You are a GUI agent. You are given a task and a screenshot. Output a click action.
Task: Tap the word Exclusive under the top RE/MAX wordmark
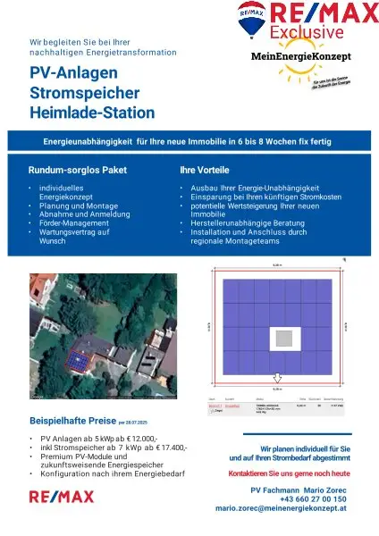(309, 33)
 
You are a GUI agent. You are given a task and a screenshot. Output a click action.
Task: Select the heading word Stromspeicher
(82, 93)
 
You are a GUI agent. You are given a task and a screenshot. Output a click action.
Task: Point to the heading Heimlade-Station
(93, 113)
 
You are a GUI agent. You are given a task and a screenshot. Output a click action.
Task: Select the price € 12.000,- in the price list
(137, 439)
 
